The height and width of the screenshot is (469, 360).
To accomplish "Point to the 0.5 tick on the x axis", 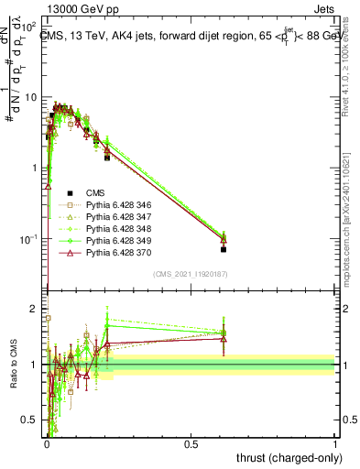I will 191,444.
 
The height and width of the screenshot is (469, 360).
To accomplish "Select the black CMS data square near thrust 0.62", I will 224,249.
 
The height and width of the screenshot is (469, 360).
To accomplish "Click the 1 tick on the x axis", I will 335,444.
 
